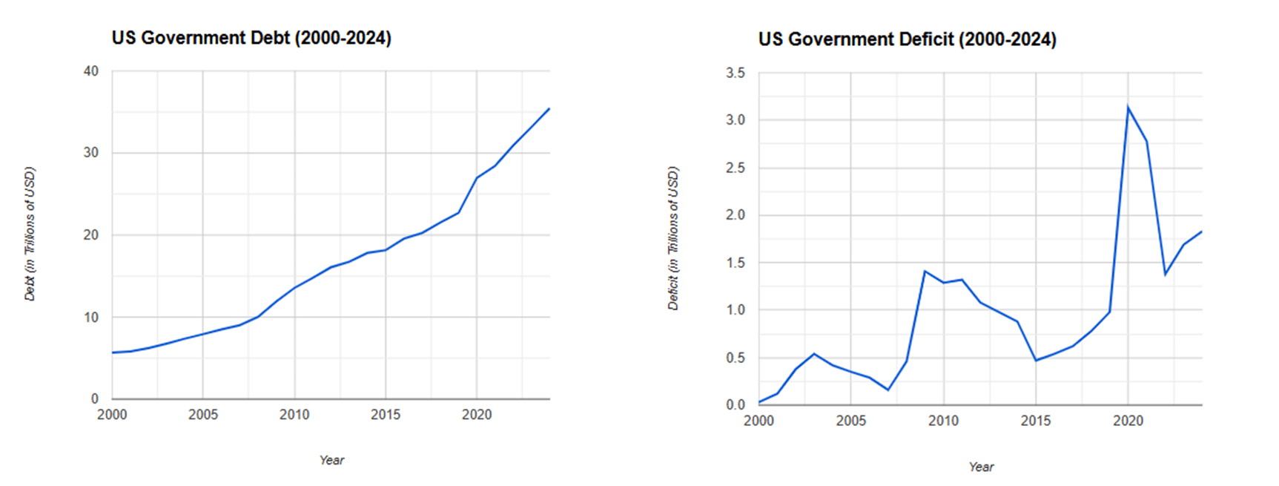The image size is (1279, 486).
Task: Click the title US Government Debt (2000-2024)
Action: [251, 38]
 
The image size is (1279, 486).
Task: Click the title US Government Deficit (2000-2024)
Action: [907, 39]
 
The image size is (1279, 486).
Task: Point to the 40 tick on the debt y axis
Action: [91, 71]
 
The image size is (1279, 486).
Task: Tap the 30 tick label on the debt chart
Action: [91, 153]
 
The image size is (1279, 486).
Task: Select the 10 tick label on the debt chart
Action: [91, 318]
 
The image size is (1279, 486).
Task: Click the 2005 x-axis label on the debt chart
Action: [203, 415]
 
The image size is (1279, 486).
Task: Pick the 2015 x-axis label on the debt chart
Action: [386, 415]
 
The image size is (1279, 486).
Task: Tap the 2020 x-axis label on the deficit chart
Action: [1128, 421]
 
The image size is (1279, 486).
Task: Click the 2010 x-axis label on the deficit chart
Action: [943, 421]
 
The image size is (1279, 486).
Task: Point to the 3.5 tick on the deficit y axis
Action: [735, 73]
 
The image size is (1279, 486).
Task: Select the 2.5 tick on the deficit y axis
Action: [735, 168]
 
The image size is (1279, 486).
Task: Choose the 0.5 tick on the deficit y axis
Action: [735, 358]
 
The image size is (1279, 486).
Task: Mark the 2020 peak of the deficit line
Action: [1128, 108]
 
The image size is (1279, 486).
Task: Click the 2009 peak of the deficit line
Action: [925, 271]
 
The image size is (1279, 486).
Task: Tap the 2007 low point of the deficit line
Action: [888, 390]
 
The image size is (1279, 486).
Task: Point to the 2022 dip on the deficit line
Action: [1165, 275]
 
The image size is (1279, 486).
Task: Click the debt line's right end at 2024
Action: [549, 108]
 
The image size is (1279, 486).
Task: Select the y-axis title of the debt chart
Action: [30, 234]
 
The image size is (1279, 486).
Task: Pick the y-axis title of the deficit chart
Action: [672, 238]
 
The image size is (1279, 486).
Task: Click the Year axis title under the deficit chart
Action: [980, 467]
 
